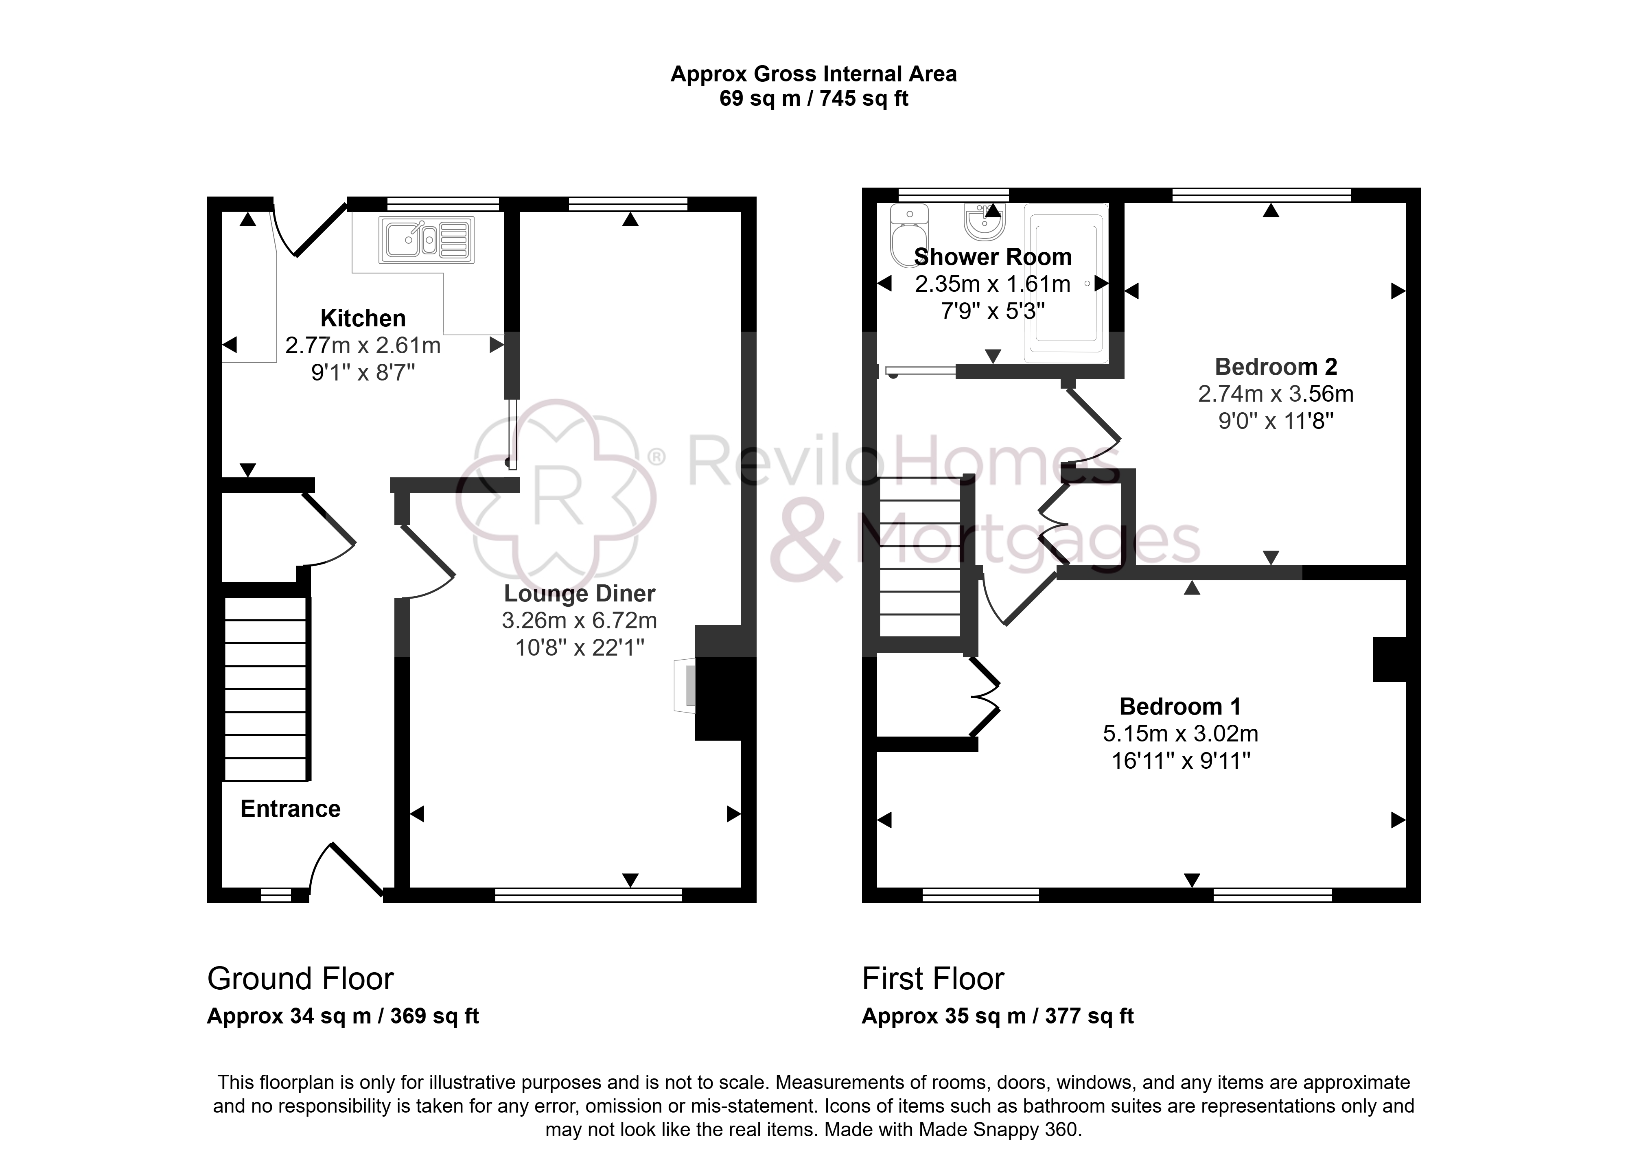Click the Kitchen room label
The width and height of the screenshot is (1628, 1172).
[363, 318]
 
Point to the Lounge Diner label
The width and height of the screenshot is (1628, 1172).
[579, 594]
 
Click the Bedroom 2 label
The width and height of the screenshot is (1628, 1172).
[1276, 367]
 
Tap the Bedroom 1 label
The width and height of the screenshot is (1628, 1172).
[1180, 707]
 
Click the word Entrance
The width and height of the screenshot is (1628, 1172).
[290, 809]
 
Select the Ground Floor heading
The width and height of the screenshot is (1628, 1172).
[300, 979]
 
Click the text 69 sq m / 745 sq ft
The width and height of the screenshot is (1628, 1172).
[814, 98]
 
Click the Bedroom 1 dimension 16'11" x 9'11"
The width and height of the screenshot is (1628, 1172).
[1181, 761]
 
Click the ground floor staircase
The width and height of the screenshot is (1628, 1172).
[266, 689]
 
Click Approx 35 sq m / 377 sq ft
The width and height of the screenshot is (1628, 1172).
[998, 1016]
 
